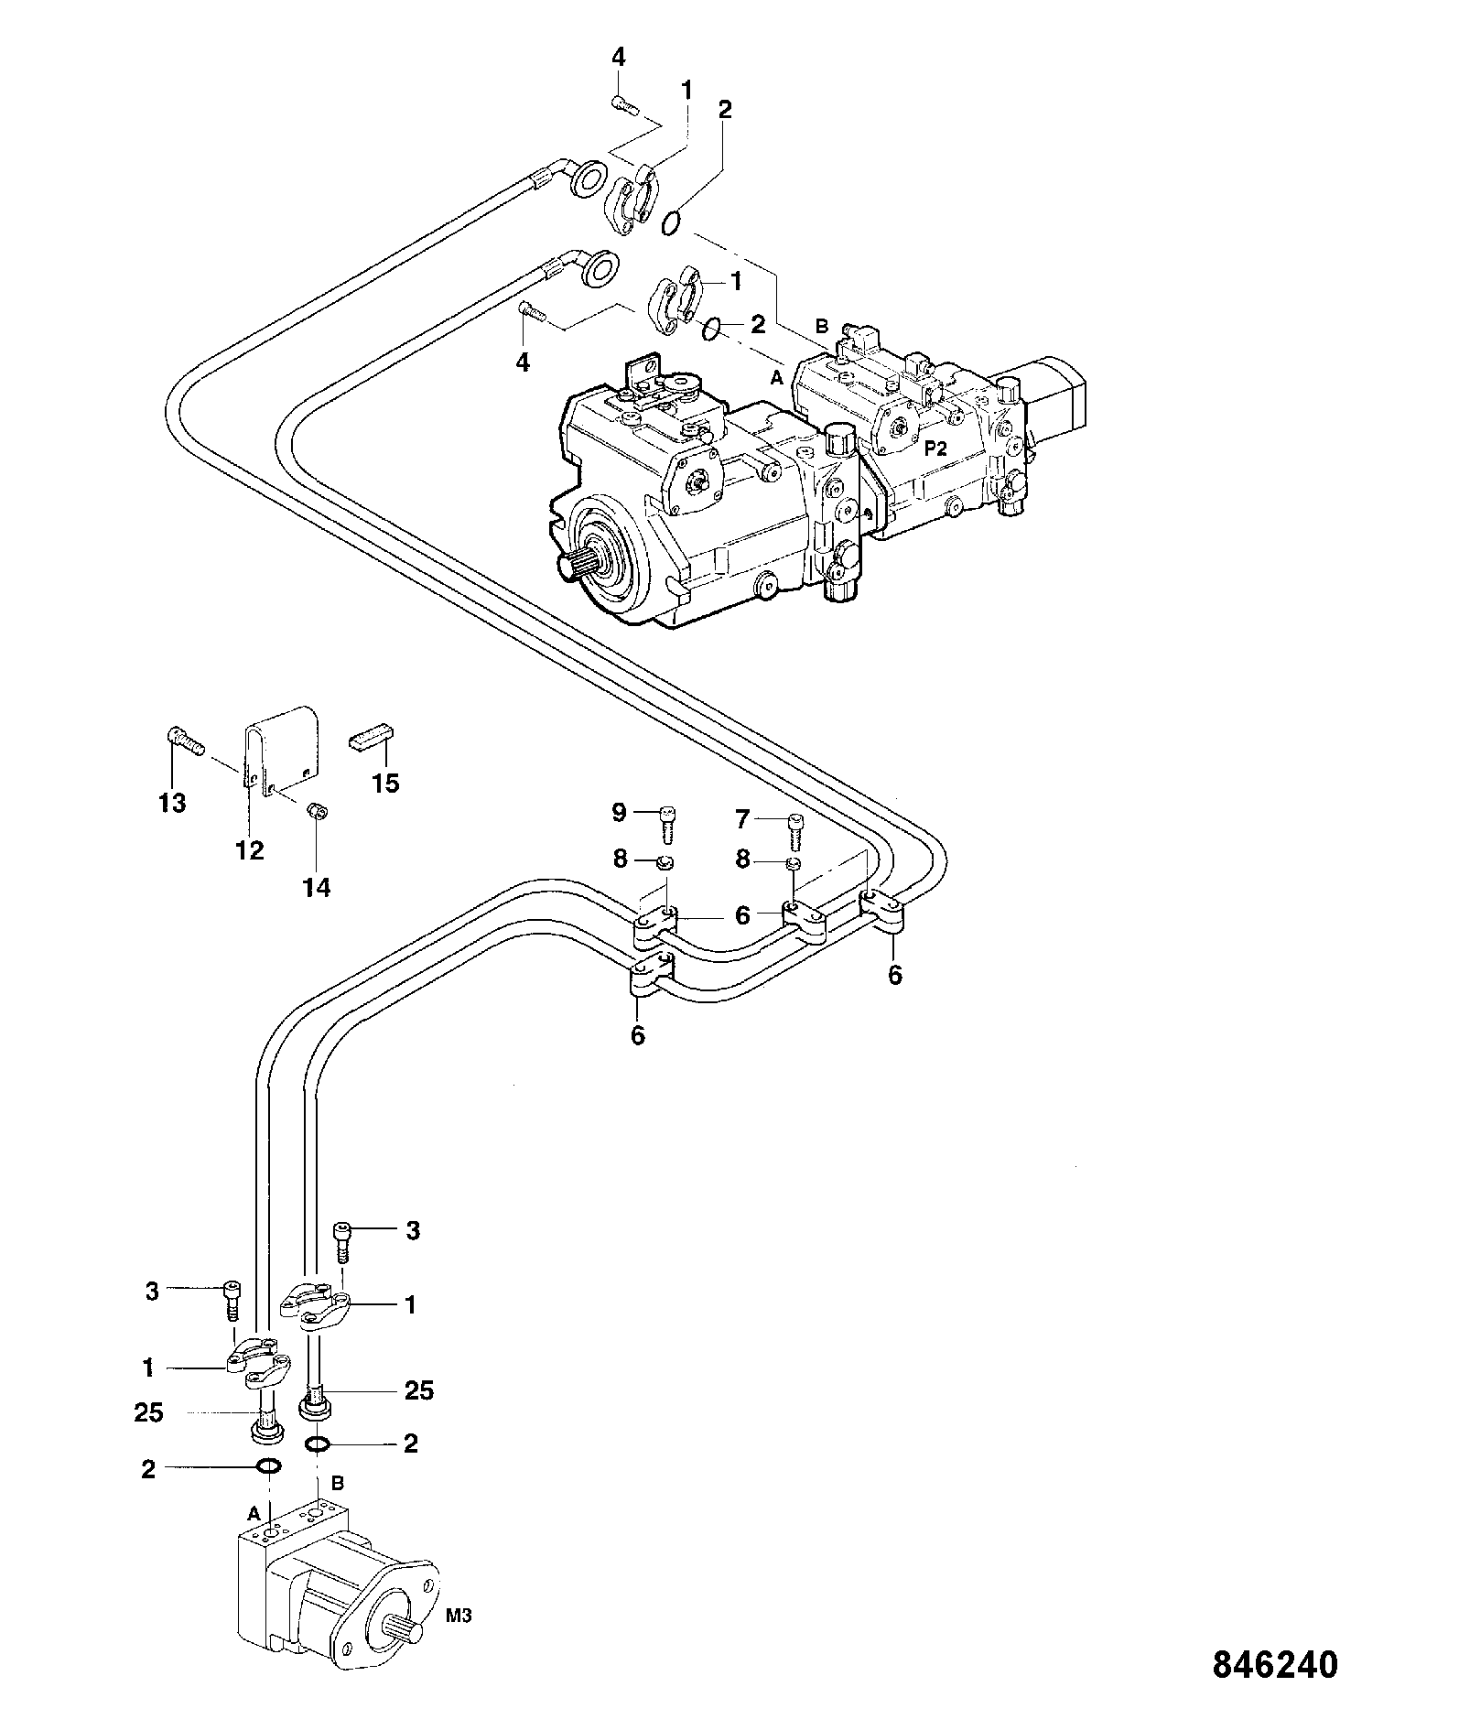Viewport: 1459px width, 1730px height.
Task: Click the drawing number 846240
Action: pyautogui.click(x=1275, y=1664)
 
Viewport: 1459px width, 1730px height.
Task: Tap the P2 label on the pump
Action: pyautogui.click(x=935, y=448)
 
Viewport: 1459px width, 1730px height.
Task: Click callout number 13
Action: pyautogui.click(x=172, y=803)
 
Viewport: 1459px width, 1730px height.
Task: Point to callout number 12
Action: pyautogui.click(x=250, y=850)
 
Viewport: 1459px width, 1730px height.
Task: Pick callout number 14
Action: pyautogui.click(x=317, y=887)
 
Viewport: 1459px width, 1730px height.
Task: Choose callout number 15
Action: pyautogui.click(x=386, y=783)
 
